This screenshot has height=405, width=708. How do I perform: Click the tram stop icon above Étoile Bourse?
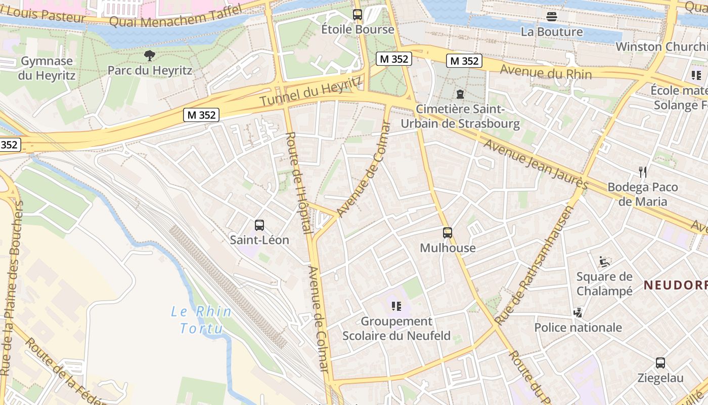click(358, 15)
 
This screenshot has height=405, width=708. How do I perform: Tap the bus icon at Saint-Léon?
click(259, 225)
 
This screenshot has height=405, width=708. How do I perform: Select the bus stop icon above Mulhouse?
click(448, 233)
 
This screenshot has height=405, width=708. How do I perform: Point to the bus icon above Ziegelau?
click(660, 362)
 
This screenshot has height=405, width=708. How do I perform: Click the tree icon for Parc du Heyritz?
click(149, 55)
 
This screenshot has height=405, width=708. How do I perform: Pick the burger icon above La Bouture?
click(552, 17)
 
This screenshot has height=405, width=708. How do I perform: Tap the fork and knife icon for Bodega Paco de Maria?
click(643, 172)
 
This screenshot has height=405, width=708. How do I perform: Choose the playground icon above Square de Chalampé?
click(604, 262)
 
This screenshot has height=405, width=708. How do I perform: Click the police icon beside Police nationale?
click(578, 312)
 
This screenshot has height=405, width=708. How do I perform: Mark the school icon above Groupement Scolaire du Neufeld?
click(396, 306)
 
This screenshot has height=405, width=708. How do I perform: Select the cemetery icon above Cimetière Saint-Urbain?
click(460, 94)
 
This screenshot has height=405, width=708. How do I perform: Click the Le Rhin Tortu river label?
click(201, 320)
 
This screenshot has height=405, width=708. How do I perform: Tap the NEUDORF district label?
click(676, 285)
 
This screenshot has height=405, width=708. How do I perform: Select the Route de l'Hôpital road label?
click(299, 183)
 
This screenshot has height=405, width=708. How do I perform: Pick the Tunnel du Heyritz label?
click(312, 92)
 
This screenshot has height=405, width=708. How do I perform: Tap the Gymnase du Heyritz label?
click(47, 68)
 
